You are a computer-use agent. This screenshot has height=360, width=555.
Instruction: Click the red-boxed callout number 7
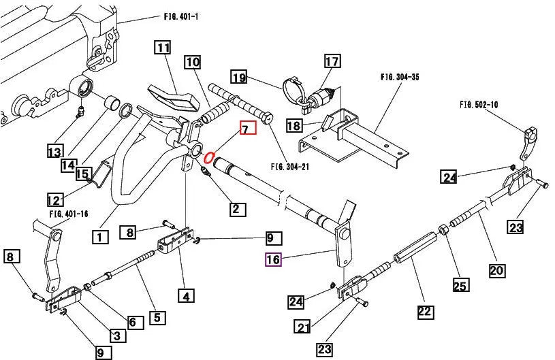(247, 128)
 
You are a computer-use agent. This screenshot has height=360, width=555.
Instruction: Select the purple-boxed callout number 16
(273, 259)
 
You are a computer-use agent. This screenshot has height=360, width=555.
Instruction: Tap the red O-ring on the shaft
(210, 159)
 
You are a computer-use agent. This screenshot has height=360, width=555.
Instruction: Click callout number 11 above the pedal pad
(162, 48)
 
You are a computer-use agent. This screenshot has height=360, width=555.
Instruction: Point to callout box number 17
(332, 62)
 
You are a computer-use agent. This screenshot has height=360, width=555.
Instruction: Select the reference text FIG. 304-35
(400, 78)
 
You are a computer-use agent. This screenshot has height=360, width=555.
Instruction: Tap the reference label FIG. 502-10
(479, 104)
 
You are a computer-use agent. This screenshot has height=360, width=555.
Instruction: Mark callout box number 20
(497, 271)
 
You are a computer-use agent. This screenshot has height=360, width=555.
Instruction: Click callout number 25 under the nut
(461, 285)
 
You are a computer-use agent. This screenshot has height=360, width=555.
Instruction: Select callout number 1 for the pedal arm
(99, 238)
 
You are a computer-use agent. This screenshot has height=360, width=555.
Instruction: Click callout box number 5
(156, 316)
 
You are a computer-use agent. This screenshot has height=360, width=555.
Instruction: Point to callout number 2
(237, 209)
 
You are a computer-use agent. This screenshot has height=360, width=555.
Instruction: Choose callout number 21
(303, 327)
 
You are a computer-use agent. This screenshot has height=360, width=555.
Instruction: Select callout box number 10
(193, 63)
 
